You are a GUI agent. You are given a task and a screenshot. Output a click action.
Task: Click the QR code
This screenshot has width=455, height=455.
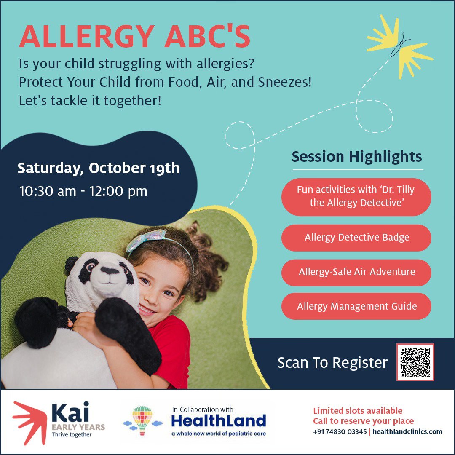point(415,362)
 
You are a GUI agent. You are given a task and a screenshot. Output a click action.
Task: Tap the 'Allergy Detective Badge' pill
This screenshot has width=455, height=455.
point(356,238)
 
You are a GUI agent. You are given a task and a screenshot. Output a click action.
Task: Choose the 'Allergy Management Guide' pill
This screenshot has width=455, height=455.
point(356,306)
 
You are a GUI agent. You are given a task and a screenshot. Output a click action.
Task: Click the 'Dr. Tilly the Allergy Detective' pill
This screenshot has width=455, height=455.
point(356,197)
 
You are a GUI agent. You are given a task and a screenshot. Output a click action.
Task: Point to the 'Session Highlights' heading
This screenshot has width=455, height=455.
point(357,157)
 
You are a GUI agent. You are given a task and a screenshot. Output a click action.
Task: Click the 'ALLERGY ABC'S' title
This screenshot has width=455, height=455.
point(135,37)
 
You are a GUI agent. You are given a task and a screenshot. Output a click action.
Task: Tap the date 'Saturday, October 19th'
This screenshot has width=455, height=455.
point(99,168)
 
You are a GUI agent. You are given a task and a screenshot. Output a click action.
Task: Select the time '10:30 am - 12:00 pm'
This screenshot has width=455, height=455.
point(83,191)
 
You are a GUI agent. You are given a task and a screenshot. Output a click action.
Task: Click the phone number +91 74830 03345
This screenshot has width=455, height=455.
point(340,432)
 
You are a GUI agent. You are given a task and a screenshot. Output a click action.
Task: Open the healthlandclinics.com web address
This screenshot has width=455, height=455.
point(407,432)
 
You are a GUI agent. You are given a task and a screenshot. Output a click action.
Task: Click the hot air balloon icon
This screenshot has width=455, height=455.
point(142,420)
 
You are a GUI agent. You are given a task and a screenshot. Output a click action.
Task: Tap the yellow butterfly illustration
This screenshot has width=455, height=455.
point(399,46)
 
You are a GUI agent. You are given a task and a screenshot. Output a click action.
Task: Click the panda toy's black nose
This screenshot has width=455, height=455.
point(109,271)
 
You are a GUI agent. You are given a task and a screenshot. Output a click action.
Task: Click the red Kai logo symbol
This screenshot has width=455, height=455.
point(30,423)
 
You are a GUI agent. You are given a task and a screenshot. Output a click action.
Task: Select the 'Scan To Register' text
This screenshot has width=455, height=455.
point(332,363)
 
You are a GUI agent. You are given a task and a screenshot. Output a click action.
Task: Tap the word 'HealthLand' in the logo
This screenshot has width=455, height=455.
point(219,421)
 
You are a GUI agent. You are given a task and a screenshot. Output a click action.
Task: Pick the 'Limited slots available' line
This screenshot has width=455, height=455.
point(358,411)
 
